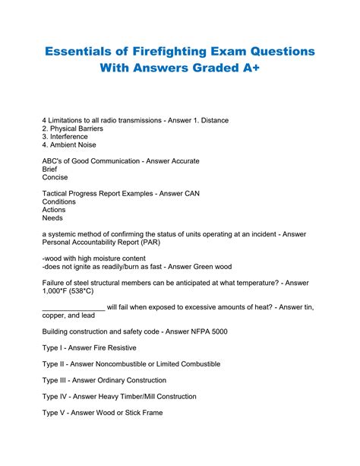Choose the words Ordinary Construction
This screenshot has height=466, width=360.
125,380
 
